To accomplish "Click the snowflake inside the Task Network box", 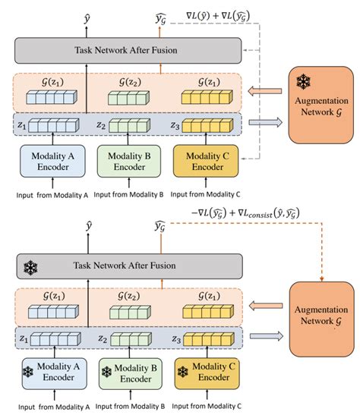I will coord(31,266).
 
